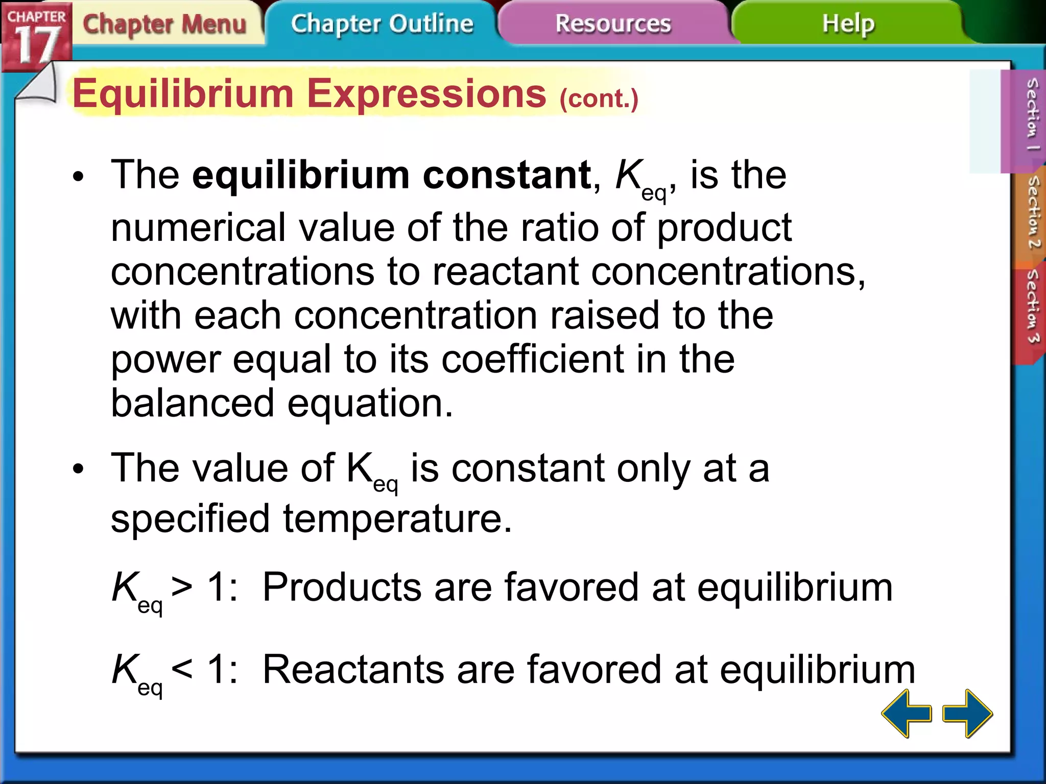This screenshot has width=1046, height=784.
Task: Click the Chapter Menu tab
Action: [164, 24]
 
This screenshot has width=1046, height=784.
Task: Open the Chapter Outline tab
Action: [382, 24]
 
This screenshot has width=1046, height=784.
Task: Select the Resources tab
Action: [613, 24]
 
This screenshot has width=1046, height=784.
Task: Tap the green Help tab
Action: [848, 24]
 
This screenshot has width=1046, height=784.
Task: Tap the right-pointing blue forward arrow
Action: [967, 713]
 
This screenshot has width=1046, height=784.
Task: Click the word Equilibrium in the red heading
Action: [183, 94]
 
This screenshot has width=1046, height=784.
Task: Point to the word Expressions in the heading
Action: [427, 94]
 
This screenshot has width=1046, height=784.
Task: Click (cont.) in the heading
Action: [599, 98]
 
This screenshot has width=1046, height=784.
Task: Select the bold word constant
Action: [507, 175]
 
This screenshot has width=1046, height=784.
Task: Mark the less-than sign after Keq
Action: [182, 668]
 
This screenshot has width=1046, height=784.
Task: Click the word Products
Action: [342, 587]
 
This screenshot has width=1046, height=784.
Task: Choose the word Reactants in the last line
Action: [353, 669]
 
